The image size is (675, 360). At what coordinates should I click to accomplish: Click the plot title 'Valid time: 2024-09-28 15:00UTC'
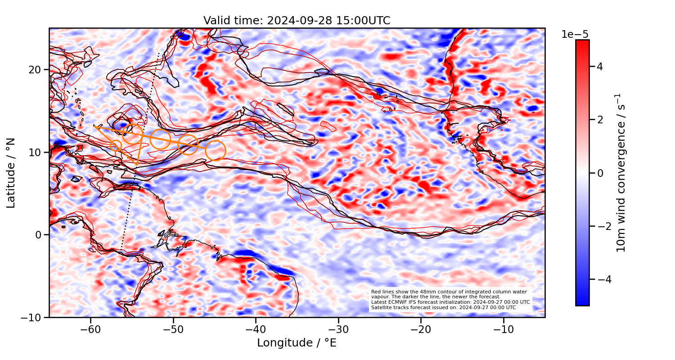click(x=297, y=21)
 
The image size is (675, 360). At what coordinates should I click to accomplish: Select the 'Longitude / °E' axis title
click(x=297, y=343)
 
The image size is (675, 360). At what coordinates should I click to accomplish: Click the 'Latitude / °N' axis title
click(x=11, y=173)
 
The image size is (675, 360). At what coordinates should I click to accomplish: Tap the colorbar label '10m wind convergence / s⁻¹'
click(x=621, y=173)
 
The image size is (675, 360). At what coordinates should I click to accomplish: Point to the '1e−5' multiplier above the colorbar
click(x=575, y=35)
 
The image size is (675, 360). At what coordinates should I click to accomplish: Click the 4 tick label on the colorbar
click(x=599, y=67)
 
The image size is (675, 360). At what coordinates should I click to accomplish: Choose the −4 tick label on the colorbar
click(x=597, y=279)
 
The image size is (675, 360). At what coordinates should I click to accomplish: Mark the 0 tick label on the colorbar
click(x=599, y=173)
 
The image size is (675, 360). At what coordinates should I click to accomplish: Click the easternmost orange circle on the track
click(x=216, y=150)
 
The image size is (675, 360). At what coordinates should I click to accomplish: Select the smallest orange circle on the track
click(x=116, y=145)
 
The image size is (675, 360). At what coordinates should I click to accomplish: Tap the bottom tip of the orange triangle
click(x=137, y=164)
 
